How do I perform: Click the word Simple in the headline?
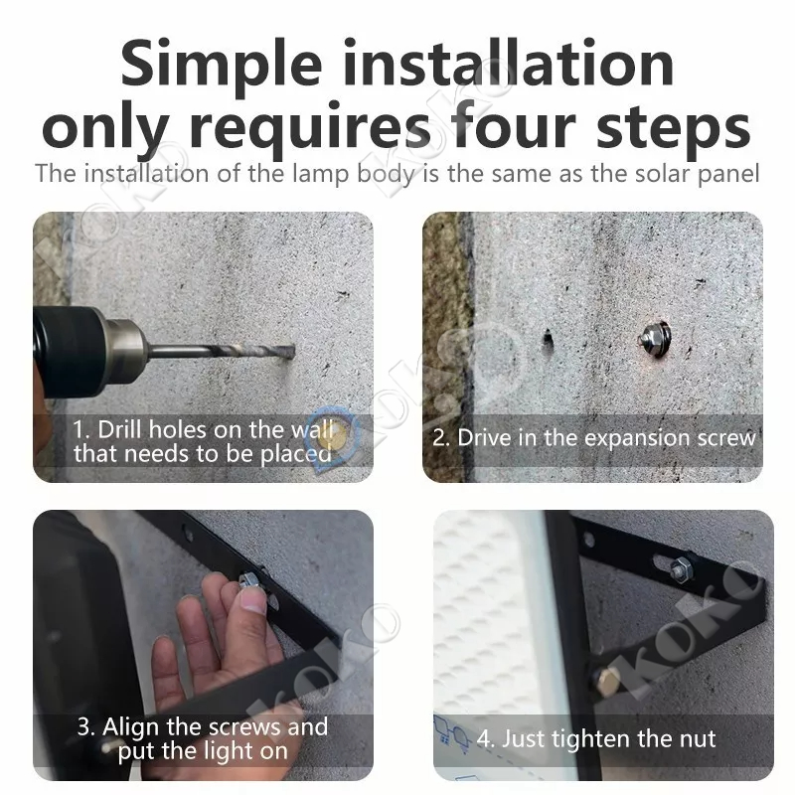(x=221, y=65)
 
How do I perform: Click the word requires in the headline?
(x=309, y=130)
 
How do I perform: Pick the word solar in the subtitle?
(x=663, y=173)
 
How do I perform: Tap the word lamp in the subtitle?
(x=321, y=175)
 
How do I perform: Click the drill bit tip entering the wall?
(x=291, y=352)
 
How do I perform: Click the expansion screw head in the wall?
(x=656, y=336)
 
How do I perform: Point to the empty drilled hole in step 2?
(x=548, y=339)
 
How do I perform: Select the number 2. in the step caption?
(x=441, y=438)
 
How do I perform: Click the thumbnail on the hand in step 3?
(x=253, y=600)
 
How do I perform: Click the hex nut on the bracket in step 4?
(x=680, y=569)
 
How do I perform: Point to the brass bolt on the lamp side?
(x=606, y=682)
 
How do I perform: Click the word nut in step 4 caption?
(x=699, y=739)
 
